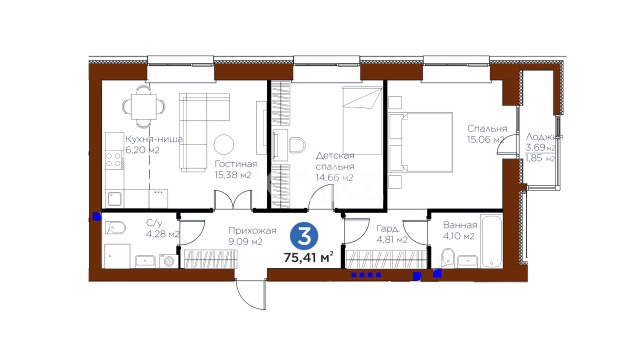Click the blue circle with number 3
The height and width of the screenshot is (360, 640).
[304, 236]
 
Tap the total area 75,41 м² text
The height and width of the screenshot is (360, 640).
[309, 258]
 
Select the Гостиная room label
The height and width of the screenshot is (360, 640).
[236, 164]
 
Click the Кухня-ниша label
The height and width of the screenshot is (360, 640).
[154, 139]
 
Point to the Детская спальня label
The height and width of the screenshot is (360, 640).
[335, 161]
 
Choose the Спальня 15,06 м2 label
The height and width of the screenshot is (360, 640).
[487, 134]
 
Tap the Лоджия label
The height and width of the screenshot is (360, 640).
[544, 137]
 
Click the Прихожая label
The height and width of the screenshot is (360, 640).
[252, 231]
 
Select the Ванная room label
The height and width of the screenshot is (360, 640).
[460, 225]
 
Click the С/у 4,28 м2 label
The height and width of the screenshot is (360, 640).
[162, 229]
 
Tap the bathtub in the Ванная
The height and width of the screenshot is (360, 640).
[491, 241]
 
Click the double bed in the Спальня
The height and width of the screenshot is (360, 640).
[421, 142]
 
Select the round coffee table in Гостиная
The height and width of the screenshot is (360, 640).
[224, 144]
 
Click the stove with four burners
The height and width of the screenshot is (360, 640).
[114, 160]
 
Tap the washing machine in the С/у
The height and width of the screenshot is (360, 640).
[169, 261]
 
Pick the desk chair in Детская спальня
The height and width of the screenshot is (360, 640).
[297, 145]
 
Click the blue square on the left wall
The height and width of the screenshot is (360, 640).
[97, 216]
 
